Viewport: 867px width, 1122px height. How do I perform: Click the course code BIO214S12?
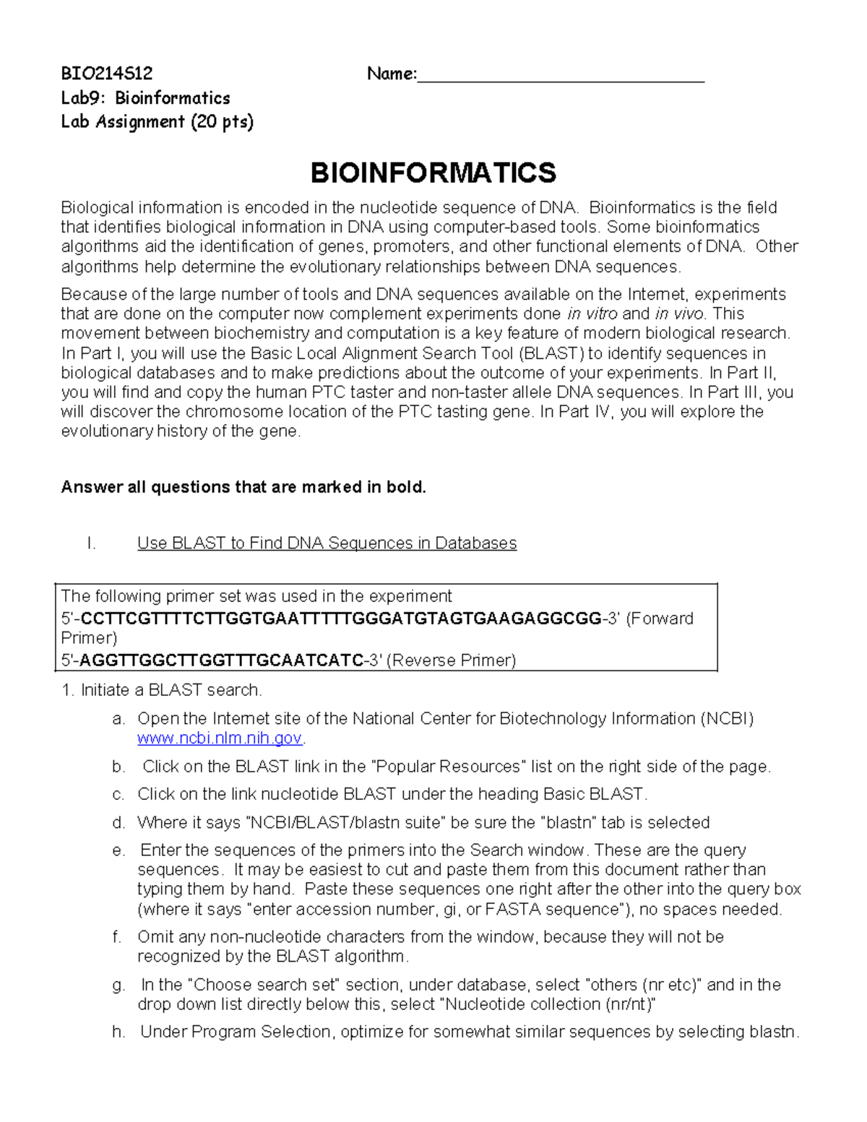click(x=106, y=74)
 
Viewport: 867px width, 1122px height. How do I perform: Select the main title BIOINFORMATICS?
click(x=433, y=173)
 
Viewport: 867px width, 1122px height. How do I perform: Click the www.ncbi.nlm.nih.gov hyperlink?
click(x=220, y=738)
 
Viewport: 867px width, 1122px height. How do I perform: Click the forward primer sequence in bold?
click(x=341, y=618)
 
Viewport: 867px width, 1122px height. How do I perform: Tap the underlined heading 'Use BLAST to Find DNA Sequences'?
click(x=327, y=543)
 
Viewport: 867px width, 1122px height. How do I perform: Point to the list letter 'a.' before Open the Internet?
click(x=118, y=719)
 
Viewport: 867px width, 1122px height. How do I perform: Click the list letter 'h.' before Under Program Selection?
click(x=118, y=1032)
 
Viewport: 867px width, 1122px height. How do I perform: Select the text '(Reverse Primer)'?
click(x=452, y=660)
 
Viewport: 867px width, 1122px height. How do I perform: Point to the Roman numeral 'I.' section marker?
click(x=91, y=543)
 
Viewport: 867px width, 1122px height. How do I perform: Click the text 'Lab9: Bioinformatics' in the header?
click(x=145, y=98)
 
